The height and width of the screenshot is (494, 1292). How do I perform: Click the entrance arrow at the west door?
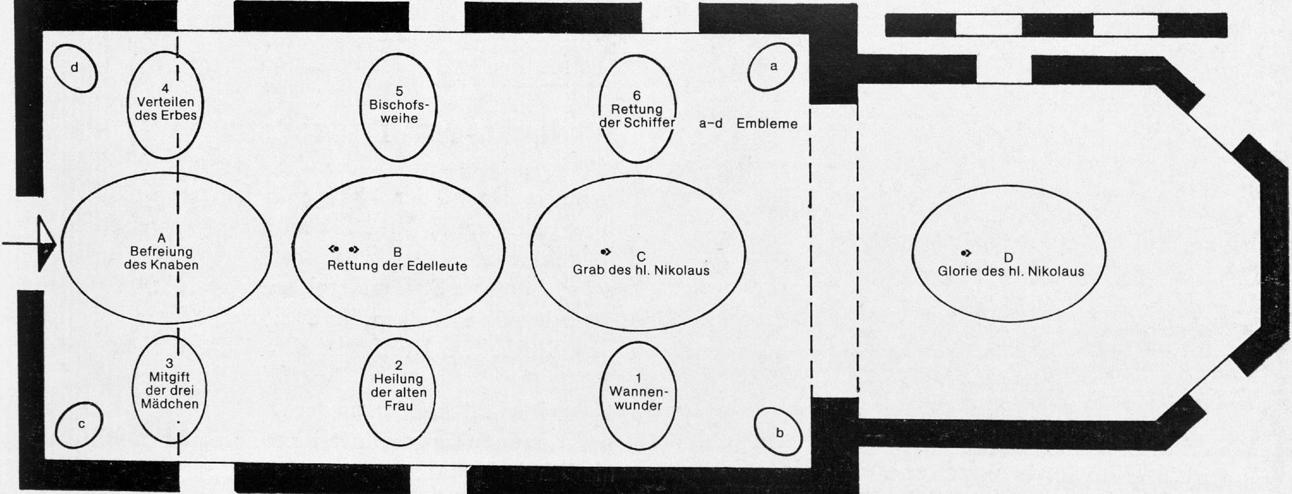pyautogui.click(x=29, y=244)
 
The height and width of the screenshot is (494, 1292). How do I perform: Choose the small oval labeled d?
pyautogui.click(x=74, y=68)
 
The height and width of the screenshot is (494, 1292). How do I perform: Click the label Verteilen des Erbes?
pyautogui.click(x=165, y=109)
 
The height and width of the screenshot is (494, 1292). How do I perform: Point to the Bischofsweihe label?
pyautogui.click(x=399, y=112)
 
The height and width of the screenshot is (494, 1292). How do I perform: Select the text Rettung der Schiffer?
pyautogui.click(x=637, y=116)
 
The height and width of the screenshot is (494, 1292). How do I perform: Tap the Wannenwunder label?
pyautogui.click(x=639, y=398)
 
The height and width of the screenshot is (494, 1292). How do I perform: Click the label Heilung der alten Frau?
pyautogui.click(x=399, y=393)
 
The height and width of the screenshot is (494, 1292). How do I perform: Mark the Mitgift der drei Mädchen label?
pyautogui.click(x=169, y=390)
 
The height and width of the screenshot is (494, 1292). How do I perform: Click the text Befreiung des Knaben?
pyautogui.click(x=161, y=258)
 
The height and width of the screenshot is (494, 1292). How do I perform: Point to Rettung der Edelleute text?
pyautogui.click(x=397, y=266)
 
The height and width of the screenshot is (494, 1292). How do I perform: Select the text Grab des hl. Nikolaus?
pyautogui.click(x=641, y=270)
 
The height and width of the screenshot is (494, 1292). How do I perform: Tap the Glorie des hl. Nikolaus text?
pyautogui.click(x=1010, y=271)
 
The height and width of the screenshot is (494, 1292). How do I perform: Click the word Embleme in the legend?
pyautogui.click(x=767, y=124)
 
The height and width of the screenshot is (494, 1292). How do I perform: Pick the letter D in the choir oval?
pyautogui.click(x=1008, y=258)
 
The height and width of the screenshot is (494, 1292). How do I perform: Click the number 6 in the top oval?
pyautogui.click(x=637, y=96)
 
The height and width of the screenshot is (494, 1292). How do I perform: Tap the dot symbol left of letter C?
pyautogui.click(x=605, y=251)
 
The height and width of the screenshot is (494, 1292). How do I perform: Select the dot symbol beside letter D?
pyautogui.click(x=966, y=253)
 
